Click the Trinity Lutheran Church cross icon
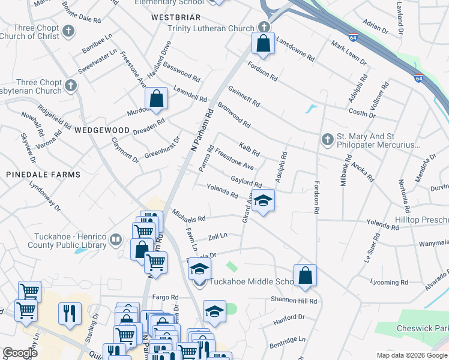tap(264, 27)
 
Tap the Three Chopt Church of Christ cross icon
tap(69, 31)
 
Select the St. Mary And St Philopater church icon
tap(327, 139)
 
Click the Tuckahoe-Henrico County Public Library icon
tap(116, 241)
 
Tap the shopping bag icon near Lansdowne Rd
tap(263, 43)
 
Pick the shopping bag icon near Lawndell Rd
tap(155, 99)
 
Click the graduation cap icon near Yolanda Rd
tap(262, 201)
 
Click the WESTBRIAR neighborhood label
tap(175, 17)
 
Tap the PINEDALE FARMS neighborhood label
tap(43, 175)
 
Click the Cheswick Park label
tap(423, 329)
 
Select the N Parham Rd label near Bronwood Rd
tap(202, 130)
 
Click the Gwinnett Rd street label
tap(244, 96)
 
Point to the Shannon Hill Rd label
tap(294, 300)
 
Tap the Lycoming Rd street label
tap(389, 282)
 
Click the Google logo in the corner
tap(20, 353)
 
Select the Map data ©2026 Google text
tap(412, 355)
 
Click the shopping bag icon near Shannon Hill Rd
tap(305, 275)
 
